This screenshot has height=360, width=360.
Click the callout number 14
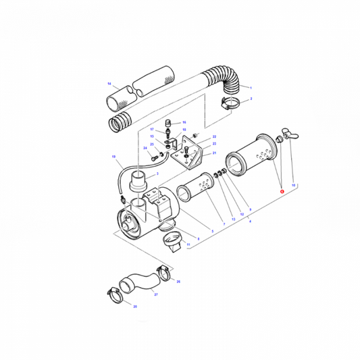tap(108, 83)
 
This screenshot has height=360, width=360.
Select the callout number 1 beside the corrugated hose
tap(251, 88)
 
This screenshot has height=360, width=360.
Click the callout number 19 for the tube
tap(113, 157)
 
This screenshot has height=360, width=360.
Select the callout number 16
tap(184, 122)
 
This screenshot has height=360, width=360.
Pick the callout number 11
tap(188, 244)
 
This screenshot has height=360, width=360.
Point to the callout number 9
tap(249, 209)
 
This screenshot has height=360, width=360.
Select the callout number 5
tap(212, 232)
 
